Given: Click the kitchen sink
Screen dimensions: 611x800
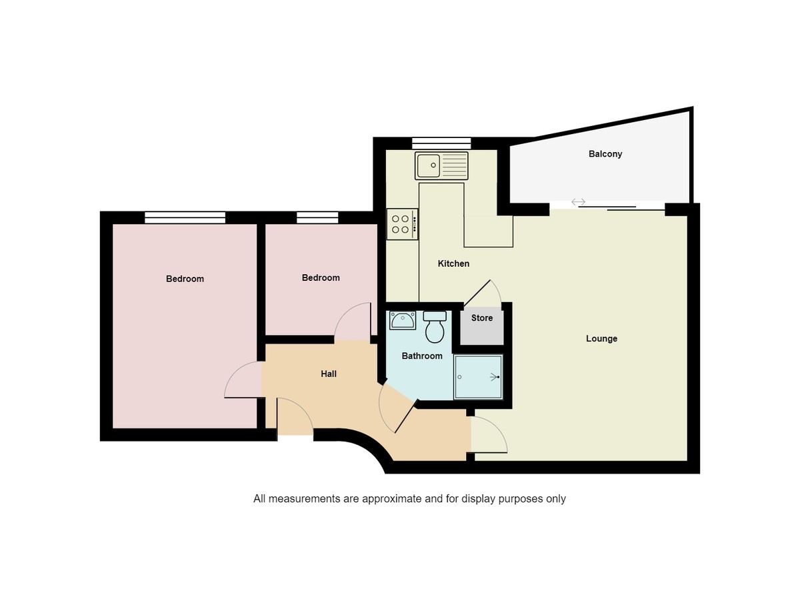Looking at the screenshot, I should pyautogui.click(x=441, y=165).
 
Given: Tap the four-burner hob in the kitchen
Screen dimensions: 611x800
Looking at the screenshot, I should pyautogui.click(x=402, y=224).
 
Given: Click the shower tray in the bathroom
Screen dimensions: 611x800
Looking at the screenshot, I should pyautogui.click(x=478, y=377).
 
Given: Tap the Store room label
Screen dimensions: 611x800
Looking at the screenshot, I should pyautogui.click(x=482, y=318).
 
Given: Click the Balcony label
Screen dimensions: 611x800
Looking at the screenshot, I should pyautogui.click(x=605, y=154).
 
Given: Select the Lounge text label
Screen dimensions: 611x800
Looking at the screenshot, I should pyautogui.click(x=601, y=339).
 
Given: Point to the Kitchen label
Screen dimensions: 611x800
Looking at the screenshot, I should pyautogui.click(x=453, y=264).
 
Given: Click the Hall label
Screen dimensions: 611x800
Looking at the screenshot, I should pyautogui.click(x=329, y=374).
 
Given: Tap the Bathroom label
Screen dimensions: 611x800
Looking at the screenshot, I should pyautogui.click(x=422, y=356).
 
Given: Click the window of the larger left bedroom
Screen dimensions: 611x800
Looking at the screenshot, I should pyautogui.click(x=185, y=217).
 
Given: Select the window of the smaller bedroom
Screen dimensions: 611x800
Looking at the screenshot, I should pyautogui.click(x=317, y=217).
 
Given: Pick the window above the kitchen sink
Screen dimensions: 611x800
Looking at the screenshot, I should pyautogui.click(x=441, y=143).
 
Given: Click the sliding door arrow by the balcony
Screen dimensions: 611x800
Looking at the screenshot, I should pyautogui.click(x=578, y=202).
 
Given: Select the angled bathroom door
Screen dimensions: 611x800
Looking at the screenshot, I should pyautogui.click(x=397, y=410).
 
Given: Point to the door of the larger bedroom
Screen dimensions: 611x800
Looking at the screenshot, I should pyautogui.click(x=243, y=380).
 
